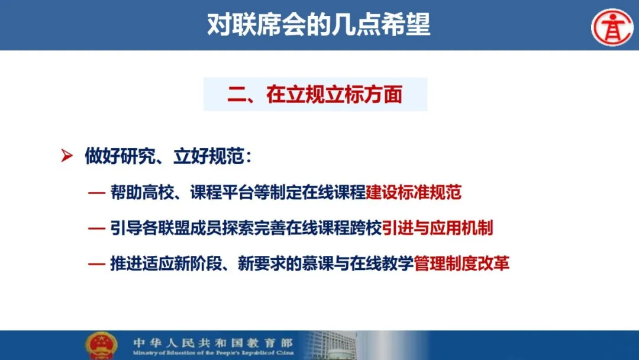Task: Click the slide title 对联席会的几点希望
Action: click(x=319, y=24)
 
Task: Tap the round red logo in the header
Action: click(x=612, y=27)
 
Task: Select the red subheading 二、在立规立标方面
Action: click(x=315, y=94)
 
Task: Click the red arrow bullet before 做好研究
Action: click(x=67, y=155)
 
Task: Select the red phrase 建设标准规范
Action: click(x=414, y=192)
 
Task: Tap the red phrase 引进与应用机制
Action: click(x=437, y=227)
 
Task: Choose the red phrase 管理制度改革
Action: click(x=461, y=263)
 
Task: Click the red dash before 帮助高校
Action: click(x=96, y=193)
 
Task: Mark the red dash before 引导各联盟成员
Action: click(x=96, y=229)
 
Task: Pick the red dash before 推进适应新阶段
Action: click(x=96, y=264)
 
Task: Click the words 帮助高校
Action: click(x=142, y=192)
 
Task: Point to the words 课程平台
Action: click(x=222, y=192)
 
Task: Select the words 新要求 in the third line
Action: click(x=262, y=263)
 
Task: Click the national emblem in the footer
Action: click(x=101, y=346)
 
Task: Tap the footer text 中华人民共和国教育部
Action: click(x=213, y=342)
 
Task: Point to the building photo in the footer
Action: click(x=330, y=345)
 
